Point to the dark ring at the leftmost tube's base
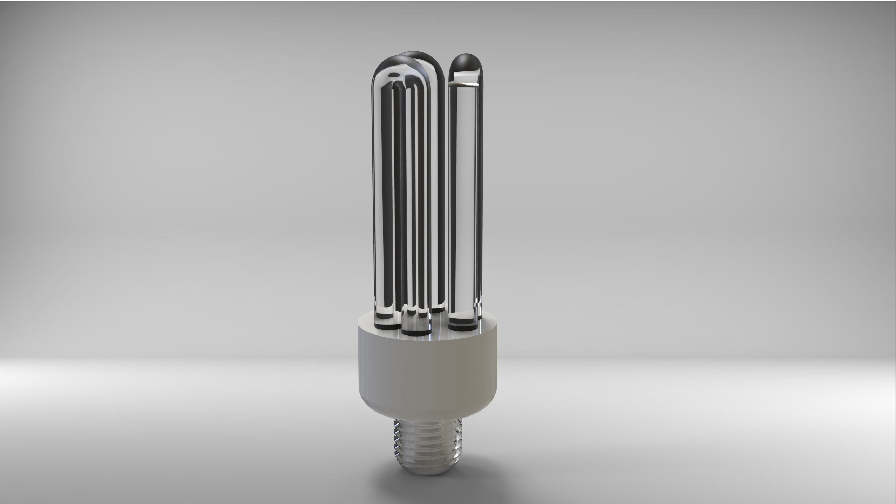387,327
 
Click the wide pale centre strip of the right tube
466,191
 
